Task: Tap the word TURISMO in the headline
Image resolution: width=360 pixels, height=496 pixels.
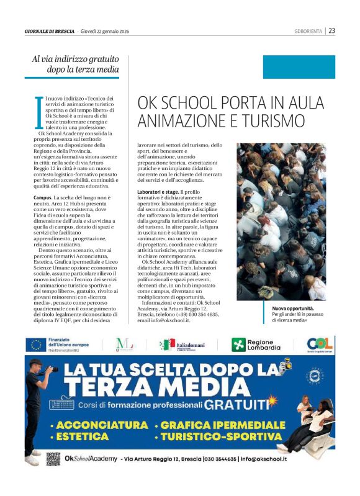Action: pyautogui.click(x=272, y=120)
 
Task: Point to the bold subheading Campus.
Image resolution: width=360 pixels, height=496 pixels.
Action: pyautogui.click(x=43, y=197)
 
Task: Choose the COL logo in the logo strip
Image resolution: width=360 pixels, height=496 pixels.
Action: pyautogui.click(x=320, y=345)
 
